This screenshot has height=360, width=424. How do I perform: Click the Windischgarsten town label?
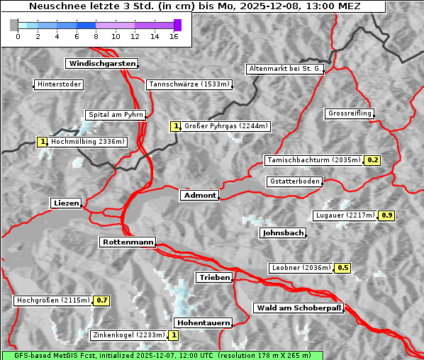(101, 64)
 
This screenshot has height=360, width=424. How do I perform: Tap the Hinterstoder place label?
(60, 85)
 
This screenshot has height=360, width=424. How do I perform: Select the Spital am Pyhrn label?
(116, 115)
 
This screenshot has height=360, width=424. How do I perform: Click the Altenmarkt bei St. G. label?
(285, 69)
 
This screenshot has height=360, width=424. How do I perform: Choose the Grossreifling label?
(350, 113)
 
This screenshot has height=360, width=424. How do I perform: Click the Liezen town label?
(66, 203)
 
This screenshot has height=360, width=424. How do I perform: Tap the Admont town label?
(199, 196)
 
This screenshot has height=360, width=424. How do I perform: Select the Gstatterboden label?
(294, 181)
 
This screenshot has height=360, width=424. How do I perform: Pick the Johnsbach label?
(283, 233)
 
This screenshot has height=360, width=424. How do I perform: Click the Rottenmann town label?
(128, 242)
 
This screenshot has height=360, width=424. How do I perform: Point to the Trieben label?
(214, 278)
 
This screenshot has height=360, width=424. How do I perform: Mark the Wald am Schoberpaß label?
(299, 308)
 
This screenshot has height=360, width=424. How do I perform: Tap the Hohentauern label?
(203, 323)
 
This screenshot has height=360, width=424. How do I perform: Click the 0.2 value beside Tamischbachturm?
(372, 160)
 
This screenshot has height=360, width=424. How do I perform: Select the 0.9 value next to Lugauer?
(386, 215)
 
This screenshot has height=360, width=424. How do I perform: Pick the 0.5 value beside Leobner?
(342, 268)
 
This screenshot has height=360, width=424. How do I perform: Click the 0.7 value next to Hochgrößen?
(102, 300)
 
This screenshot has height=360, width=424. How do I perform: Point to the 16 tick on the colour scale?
(174, 36)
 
